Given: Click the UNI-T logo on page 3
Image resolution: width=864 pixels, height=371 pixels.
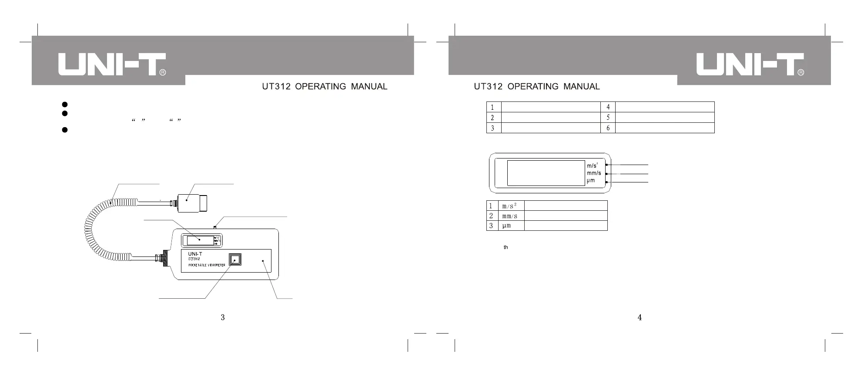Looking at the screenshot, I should pyautogui.click(x=112, y=64).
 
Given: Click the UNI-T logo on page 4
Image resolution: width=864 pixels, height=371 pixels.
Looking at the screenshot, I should pyautogui.click(x=750, y=64).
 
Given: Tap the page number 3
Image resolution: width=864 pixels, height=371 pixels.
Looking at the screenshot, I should pyautogui.click(x=223, y=317).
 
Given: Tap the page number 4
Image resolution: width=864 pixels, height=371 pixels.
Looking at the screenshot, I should pyautogui.click(x=640, y=317).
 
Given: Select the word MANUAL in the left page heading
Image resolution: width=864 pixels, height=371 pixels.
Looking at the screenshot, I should pyautogui.click(x=369, y=87).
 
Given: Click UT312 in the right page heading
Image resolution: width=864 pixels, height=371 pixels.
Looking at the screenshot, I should pyautogui.click(x=488, y=87).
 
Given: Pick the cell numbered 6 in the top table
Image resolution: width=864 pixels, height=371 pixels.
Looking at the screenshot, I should pyautogui.click(x=608, y=128).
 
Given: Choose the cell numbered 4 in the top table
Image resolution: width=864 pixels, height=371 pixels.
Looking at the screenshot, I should pyautogui.click(x=608, y=107).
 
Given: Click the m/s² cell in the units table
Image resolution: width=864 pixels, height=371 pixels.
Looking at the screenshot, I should pyautogui.click(x=509, y=206).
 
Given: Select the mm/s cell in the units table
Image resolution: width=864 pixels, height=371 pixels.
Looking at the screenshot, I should pyautogui.click(x=509, y=216).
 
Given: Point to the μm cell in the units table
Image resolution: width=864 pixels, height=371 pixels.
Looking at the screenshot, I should pyautogui.click(x=506, y=226).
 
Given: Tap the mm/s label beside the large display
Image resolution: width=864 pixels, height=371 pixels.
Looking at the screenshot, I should pyautogui.click(x=594, y=173).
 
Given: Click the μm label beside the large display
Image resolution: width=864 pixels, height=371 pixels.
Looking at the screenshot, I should pyautogui.click(x=591, y=181).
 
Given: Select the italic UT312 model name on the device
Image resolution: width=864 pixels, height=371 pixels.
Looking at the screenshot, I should pyautogui.click(x=194, y=259).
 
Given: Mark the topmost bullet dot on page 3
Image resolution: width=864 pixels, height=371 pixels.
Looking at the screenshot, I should pyautogui.click(x=64, y=105).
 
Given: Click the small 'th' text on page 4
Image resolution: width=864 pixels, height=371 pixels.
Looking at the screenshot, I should pyautogui.click(x=506, y=247).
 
